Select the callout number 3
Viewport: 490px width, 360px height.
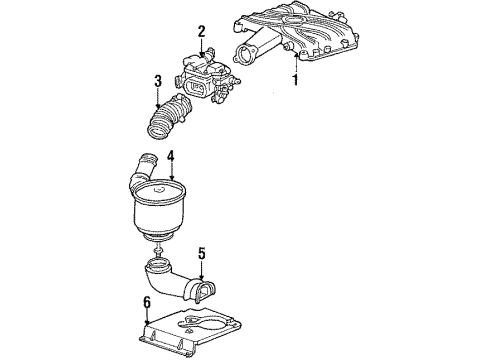(158, 82)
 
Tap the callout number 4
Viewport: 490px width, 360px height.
(170, 156)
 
